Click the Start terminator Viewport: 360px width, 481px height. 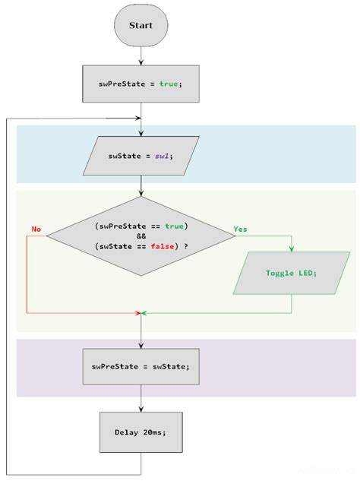tap(141, 25)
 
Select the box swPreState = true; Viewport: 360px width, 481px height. tap(141, 84)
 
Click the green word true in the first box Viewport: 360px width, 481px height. tap(169, 84)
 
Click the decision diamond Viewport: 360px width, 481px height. tap(141, 236)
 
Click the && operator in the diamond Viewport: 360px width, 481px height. tap(141, 236)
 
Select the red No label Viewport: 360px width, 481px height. tap(36, 229)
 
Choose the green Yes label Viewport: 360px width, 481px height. tap(240, 229)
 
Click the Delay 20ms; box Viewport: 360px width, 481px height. tap(141, 432)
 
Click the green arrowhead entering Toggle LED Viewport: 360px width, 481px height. tap(292, 248)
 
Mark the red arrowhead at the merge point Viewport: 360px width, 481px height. tap(137, 312)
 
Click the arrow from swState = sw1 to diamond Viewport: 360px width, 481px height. tap(141, 186)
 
